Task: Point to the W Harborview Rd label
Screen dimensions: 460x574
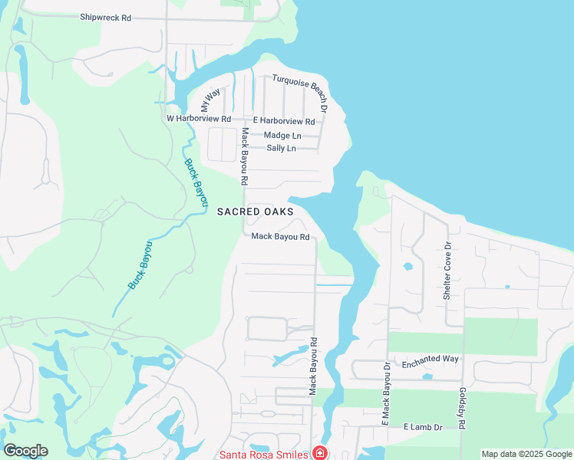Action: (x=199, y=119)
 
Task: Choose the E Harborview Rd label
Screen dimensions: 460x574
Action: (x=284, y=121)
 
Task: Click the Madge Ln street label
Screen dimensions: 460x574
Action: (x=282, y=135)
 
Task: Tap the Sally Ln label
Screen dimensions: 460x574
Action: (x=281, y=148)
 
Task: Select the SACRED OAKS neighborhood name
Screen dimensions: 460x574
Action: (x=256, y=212)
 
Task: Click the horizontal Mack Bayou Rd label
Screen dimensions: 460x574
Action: (x=280, y=237)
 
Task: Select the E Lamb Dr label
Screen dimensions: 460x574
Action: (x=424, y=426)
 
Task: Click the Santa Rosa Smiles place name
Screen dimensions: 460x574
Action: (x=264, y=454)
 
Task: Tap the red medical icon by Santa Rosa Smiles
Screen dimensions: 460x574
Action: (x=318, y=454)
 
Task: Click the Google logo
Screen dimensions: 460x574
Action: (x=25, y=450)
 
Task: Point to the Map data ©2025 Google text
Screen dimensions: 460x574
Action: (x=526, y=454)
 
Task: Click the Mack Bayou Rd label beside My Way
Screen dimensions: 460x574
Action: (x=244, y=157)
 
